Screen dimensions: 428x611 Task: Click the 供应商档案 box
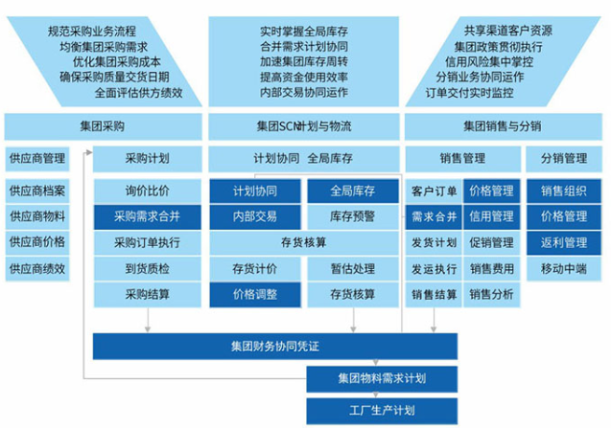(x=37, y=191)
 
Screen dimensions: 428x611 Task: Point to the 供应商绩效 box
(x=37, y=269)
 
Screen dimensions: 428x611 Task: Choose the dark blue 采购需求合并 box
(x=147, y=216)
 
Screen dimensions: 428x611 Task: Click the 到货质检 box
(x=147, y=269)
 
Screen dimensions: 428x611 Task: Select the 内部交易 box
(x=254, y=216)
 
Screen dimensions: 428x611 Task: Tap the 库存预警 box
(x=351, y=216)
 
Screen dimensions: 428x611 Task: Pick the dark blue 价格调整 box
(x=254, y=295)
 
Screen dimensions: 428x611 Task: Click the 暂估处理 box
(x=351, y=269)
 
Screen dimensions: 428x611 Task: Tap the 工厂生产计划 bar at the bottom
(x=376, y=411)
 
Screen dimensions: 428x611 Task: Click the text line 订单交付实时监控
(x=469, y=94)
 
